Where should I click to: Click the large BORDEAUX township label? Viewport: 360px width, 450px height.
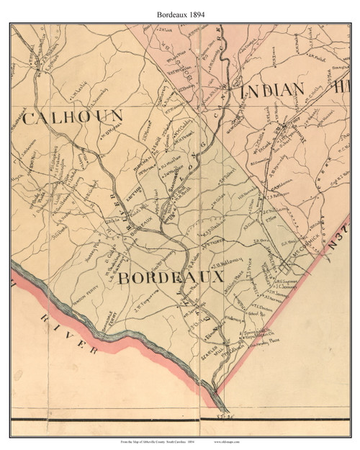[x=171, y=276]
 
